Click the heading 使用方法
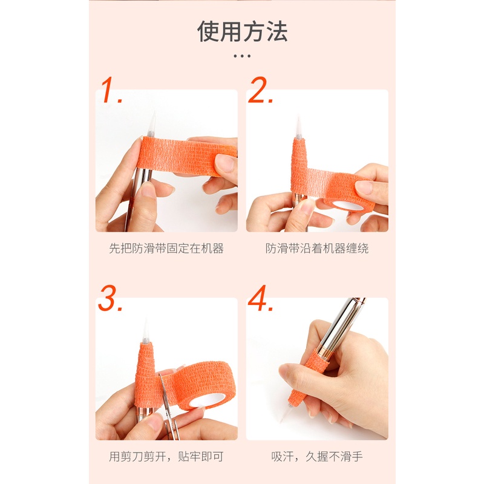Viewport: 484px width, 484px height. click(243, 31)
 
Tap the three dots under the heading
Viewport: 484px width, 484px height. click(242, 56)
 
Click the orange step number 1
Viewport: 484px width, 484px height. click(111, 90)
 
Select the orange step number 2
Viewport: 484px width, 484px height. click(260, 90)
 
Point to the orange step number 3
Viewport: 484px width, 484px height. click(110, 298)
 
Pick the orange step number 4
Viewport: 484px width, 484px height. click(260, 298)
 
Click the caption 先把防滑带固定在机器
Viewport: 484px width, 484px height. click(166, 248)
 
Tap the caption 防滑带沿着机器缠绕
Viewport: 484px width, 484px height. click(317, 248)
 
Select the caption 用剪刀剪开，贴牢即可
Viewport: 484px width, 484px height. click(166, 457)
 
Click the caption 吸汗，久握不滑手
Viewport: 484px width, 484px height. click(317, 457)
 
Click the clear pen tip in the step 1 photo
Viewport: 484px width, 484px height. click(151, 125)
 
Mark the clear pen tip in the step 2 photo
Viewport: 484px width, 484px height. click(298, 127)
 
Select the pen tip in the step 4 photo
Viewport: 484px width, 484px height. click(284, 413)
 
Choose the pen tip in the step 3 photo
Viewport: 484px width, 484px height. click(146, 330)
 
